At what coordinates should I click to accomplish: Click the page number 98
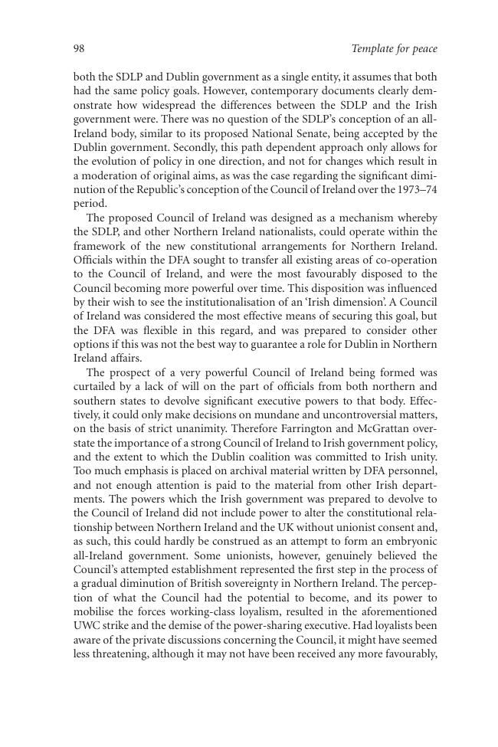[79, 49]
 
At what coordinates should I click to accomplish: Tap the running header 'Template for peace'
[394, 49]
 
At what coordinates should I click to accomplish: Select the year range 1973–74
[417, 189]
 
